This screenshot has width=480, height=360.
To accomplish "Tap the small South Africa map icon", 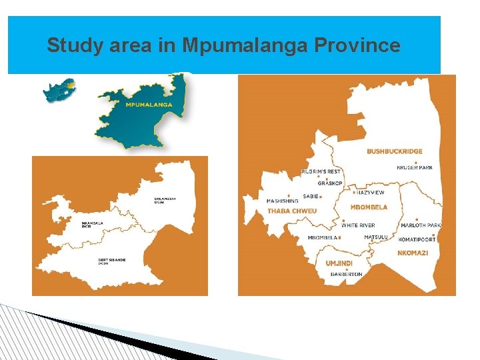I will click(x=59, y=90).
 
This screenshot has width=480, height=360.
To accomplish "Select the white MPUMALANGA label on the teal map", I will click(x=148, y=105).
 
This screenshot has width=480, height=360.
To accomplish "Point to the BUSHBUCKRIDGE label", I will click(x=394, y=151).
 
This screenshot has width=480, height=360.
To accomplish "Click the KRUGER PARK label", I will click(x=415, y=167).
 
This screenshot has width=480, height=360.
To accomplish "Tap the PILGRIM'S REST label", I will click(x=321, y=171).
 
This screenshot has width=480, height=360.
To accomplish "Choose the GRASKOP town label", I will click(x=330, y=183).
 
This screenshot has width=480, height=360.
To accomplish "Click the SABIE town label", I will click(x=311, y=196).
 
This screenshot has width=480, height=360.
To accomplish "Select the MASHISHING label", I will click(x=282, y=201).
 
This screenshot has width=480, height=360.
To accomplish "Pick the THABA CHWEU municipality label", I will click(x=292, y=211).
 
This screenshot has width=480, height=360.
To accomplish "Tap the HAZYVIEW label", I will click(x=370, y=192).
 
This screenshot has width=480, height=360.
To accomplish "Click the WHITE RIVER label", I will click(x=358, y=225).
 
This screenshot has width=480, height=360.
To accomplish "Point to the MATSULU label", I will click(x=376, y=237).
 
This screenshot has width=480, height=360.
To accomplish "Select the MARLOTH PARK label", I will click(x=421, y=225).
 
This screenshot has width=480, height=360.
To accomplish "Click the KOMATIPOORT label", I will click(x=417, y=239).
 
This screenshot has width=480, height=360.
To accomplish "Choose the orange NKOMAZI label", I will click(x=413, y=253).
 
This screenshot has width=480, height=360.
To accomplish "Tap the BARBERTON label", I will click(x=344, y=274).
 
